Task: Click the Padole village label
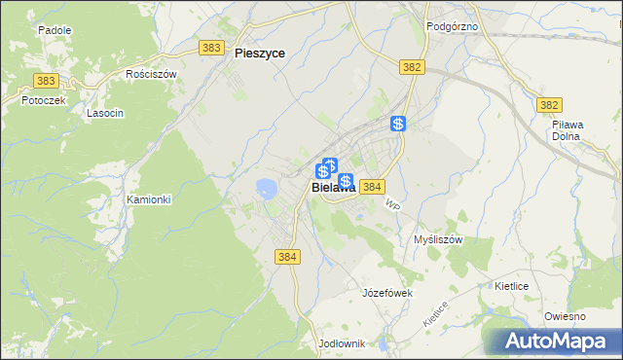pyautogui.click(x=55, y=30)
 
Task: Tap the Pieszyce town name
pyautogui.click(x=260, y=54)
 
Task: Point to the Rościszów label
pyautogui.click(x=151, y=73)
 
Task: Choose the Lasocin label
pyautogui.click(x=105, y=113)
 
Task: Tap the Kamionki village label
pyautogui.click(x=149, y=199)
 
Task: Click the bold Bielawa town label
pyautogui.click(x=333, y=189)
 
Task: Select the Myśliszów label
pyautogui.click(x=437, y=239)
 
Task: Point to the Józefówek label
pyautogui.click(x=387, y=292)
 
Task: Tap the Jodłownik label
pyautogui.click(x=341, y=343)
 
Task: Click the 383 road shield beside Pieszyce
pyautogui.click(x=209, y=47)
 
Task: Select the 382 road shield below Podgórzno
pyautogui.click(x=412, y=66)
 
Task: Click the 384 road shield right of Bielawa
pyautogui.click(x=373, y=186)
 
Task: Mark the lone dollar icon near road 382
pyautogui.click(x=398, y=124)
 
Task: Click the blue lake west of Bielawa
pyautogui.click(x=265, y=187)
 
